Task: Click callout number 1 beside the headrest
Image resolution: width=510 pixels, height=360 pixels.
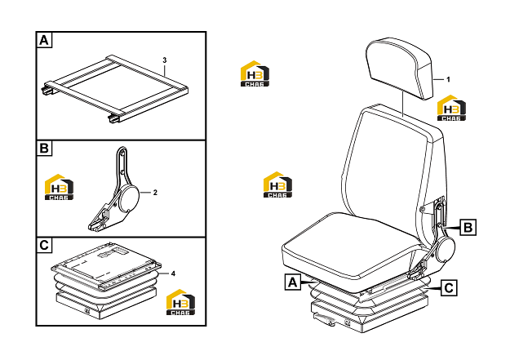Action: (x=448, y=79)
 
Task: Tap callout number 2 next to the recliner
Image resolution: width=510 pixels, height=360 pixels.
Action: (x=155, y=193)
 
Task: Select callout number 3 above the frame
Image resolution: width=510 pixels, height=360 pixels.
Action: (x=165, y=60)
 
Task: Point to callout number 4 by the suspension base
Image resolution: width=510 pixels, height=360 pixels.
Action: (x=173, y=273)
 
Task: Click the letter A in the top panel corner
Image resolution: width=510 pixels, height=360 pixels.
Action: (x=44, y=40)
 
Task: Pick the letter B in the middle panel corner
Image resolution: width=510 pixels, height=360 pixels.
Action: (x=44, y=149)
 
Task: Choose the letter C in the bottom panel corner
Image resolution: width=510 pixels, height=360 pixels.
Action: (x=44, y=245)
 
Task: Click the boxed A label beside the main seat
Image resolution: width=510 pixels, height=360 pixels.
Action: (x=293, y=282)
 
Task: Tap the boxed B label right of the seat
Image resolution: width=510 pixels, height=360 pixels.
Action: (x=468, y=227)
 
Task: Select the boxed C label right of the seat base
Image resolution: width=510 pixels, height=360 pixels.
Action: (x=449, y=288)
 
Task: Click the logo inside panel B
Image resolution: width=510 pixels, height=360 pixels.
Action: (x=59, y=187)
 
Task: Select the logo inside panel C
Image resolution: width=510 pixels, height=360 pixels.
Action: (x=181, y=302)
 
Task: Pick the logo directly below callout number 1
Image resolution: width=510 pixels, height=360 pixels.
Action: (x=451, y=108)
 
